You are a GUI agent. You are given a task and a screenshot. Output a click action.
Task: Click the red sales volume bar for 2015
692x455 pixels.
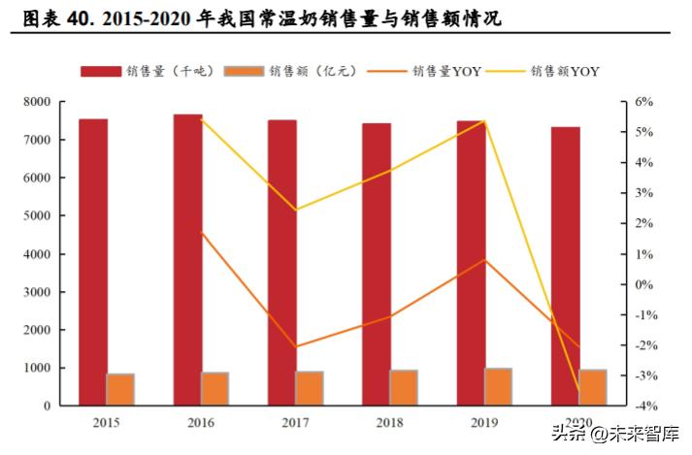93,262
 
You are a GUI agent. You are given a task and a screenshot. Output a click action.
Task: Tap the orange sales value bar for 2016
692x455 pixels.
215,388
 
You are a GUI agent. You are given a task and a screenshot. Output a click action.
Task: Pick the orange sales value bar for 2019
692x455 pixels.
499,386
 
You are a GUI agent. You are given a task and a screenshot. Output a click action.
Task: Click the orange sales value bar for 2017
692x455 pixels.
310,388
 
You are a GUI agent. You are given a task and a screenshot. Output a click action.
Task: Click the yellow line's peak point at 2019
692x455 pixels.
484,121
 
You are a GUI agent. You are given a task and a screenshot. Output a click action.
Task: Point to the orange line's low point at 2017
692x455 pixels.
295,346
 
